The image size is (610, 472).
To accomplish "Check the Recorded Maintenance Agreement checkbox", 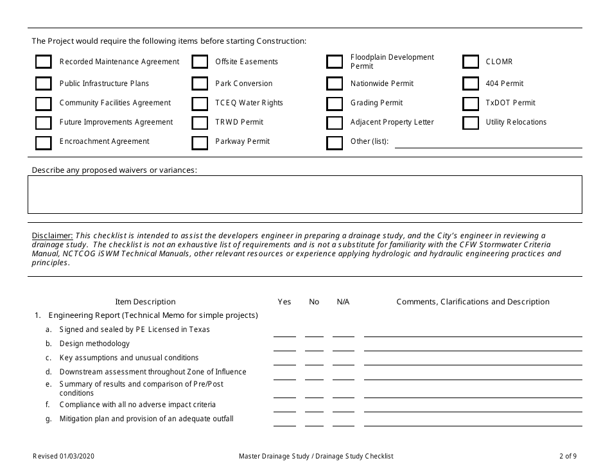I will tap(43, 62).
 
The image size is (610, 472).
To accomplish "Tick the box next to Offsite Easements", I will tap(200, 62).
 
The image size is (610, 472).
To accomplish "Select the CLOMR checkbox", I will tap(471, 62).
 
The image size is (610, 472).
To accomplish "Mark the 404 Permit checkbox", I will tap(471, 83).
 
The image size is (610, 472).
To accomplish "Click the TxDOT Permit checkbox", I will tap(471, 103).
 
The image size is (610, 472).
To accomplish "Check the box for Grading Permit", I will tap(335, 103).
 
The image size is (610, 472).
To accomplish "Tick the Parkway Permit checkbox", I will tap(200, 142).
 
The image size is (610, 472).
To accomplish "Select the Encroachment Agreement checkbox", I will tap(43, 142).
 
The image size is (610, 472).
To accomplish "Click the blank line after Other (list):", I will tap(487, 143).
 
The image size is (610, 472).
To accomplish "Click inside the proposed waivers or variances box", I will tap(304, 195).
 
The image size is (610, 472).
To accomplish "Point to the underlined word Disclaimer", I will tap(52, 236).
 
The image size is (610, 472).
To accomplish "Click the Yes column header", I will tap(284, 302).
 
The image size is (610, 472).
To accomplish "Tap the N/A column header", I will tap(343, 302).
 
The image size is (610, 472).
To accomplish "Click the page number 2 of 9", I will tap(568, 457).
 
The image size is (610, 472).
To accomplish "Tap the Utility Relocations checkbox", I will tap(471, 123).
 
